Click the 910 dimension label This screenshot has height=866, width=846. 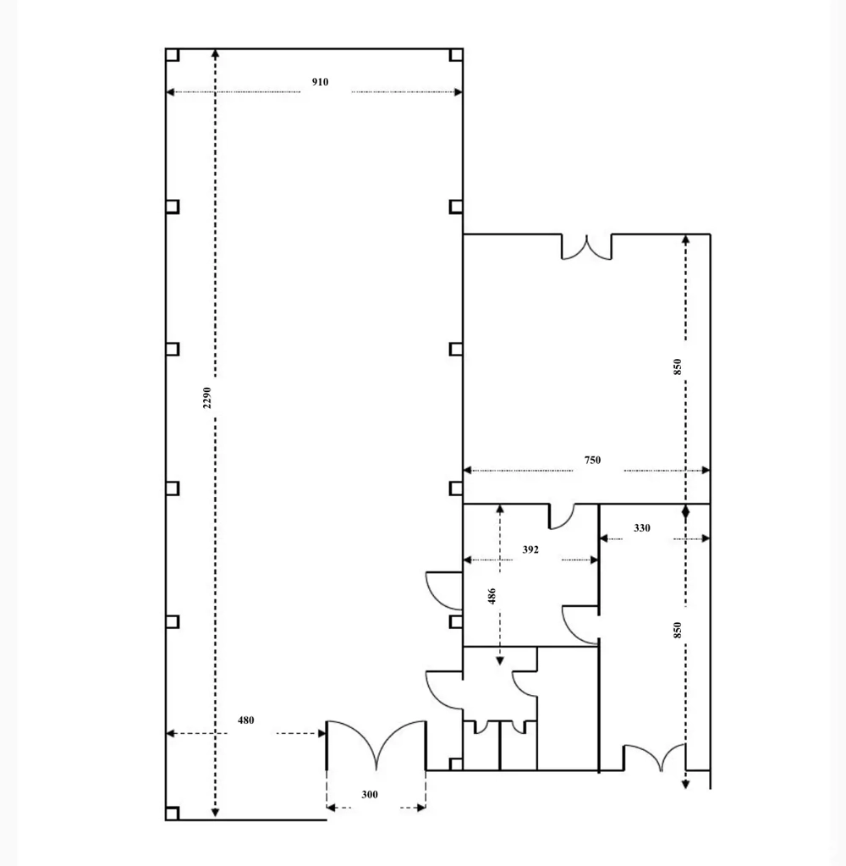(320, 82)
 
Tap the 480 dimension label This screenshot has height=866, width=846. (245, 720)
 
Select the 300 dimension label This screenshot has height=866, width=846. (370, 795)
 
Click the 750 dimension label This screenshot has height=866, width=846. (592, 460)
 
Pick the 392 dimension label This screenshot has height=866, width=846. (530, 549)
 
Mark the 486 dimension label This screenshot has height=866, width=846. (492, 596)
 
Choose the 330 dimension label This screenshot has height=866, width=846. (642, 528)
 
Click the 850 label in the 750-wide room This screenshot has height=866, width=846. (677, 367)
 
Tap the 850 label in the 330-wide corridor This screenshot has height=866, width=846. (677, 631)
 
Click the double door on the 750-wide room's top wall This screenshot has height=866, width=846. (587, 247)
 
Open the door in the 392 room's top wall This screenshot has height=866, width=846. (562, 516)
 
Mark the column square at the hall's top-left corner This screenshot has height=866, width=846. (173, 55)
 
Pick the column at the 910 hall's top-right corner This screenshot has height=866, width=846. (456, 55)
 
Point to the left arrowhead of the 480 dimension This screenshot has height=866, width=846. (170, 733)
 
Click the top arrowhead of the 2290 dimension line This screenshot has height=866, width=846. (216, 53)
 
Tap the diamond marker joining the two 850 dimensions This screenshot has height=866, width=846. (685, 511)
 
